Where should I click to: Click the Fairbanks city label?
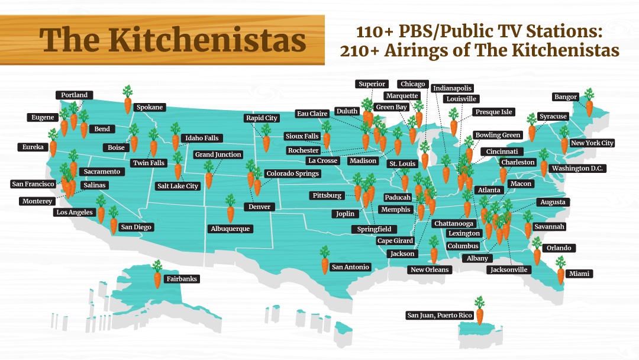tap(182, 279)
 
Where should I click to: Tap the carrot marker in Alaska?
tap(157, 275)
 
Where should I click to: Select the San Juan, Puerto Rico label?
tap(440, 315)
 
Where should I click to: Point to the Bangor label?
tap(565, 97)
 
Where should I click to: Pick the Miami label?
tap(580, 274)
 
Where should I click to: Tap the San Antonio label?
tap(350, 267)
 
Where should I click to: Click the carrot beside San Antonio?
tap(324, 261)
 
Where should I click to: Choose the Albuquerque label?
tap(231, 229)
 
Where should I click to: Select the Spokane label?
tap(150, 108)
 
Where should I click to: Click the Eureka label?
tap(32, 147)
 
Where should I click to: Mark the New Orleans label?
tap(430, 270)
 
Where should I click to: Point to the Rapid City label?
tap(262, 118)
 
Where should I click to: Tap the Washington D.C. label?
tap(577, 168)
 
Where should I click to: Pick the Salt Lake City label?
tap(177, 186)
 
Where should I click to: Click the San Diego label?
tap(136, 227)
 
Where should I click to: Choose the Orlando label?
tap(559, 248)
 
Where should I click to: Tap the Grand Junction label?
tap(218, 155)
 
